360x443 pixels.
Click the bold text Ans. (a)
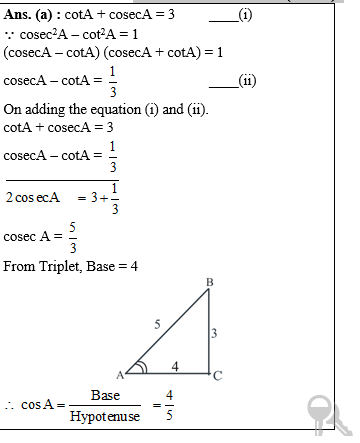(x=29, y=13)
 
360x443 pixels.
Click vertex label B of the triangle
(x=209, y=284)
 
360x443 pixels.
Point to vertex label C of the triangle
(x=218, y=375)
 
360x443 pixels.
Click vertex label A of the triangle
(x=119, y=375)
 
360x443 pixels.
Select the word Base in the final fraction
(x=105, y=395)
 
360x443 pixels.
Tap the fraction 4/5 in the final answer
(x=170, y=405)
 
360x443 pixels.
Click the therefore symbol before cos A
(x=9, y=405)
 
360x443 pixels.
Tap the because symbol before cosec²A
(x=9, y=32)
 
